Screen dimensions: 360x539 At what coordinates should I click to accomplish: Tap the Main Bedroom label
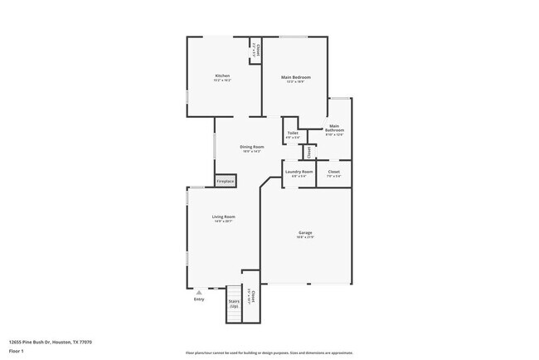[295, 77]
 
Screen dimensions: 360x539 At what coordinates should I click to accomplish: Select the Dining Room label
[252, 147]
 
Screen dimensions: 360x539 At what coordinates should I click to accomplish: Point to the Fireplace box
[226, 181]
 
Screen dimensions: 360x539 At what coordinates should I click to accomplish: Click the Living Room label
[224, 216]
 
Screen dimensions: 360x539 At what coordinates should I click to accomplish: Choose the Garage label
[305, 233]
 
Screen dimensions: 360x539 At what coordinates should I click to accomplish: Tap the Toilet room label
[293, 133]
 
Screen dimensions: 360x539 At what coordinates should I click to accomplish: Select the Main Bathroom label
[334, 129]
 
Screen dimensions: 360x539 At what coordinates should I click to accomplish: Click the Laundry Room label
[299, 172]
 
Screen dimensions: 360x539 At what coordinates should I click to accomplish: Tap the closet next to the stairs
[251, 296]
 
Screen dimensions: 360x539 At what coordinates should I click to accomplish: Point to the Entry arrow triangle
[198, 292]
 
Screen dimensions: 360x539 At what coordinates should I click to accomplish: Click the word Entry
[199, 299]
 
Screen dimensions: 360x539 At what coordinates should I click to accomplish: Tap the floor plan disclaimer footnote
[269, 352]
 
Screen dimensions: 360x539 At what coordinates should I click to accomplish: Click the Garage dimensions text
[305, 237]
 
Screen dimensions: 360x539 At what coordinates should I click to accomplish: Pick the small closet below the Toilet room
[308, 152]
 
